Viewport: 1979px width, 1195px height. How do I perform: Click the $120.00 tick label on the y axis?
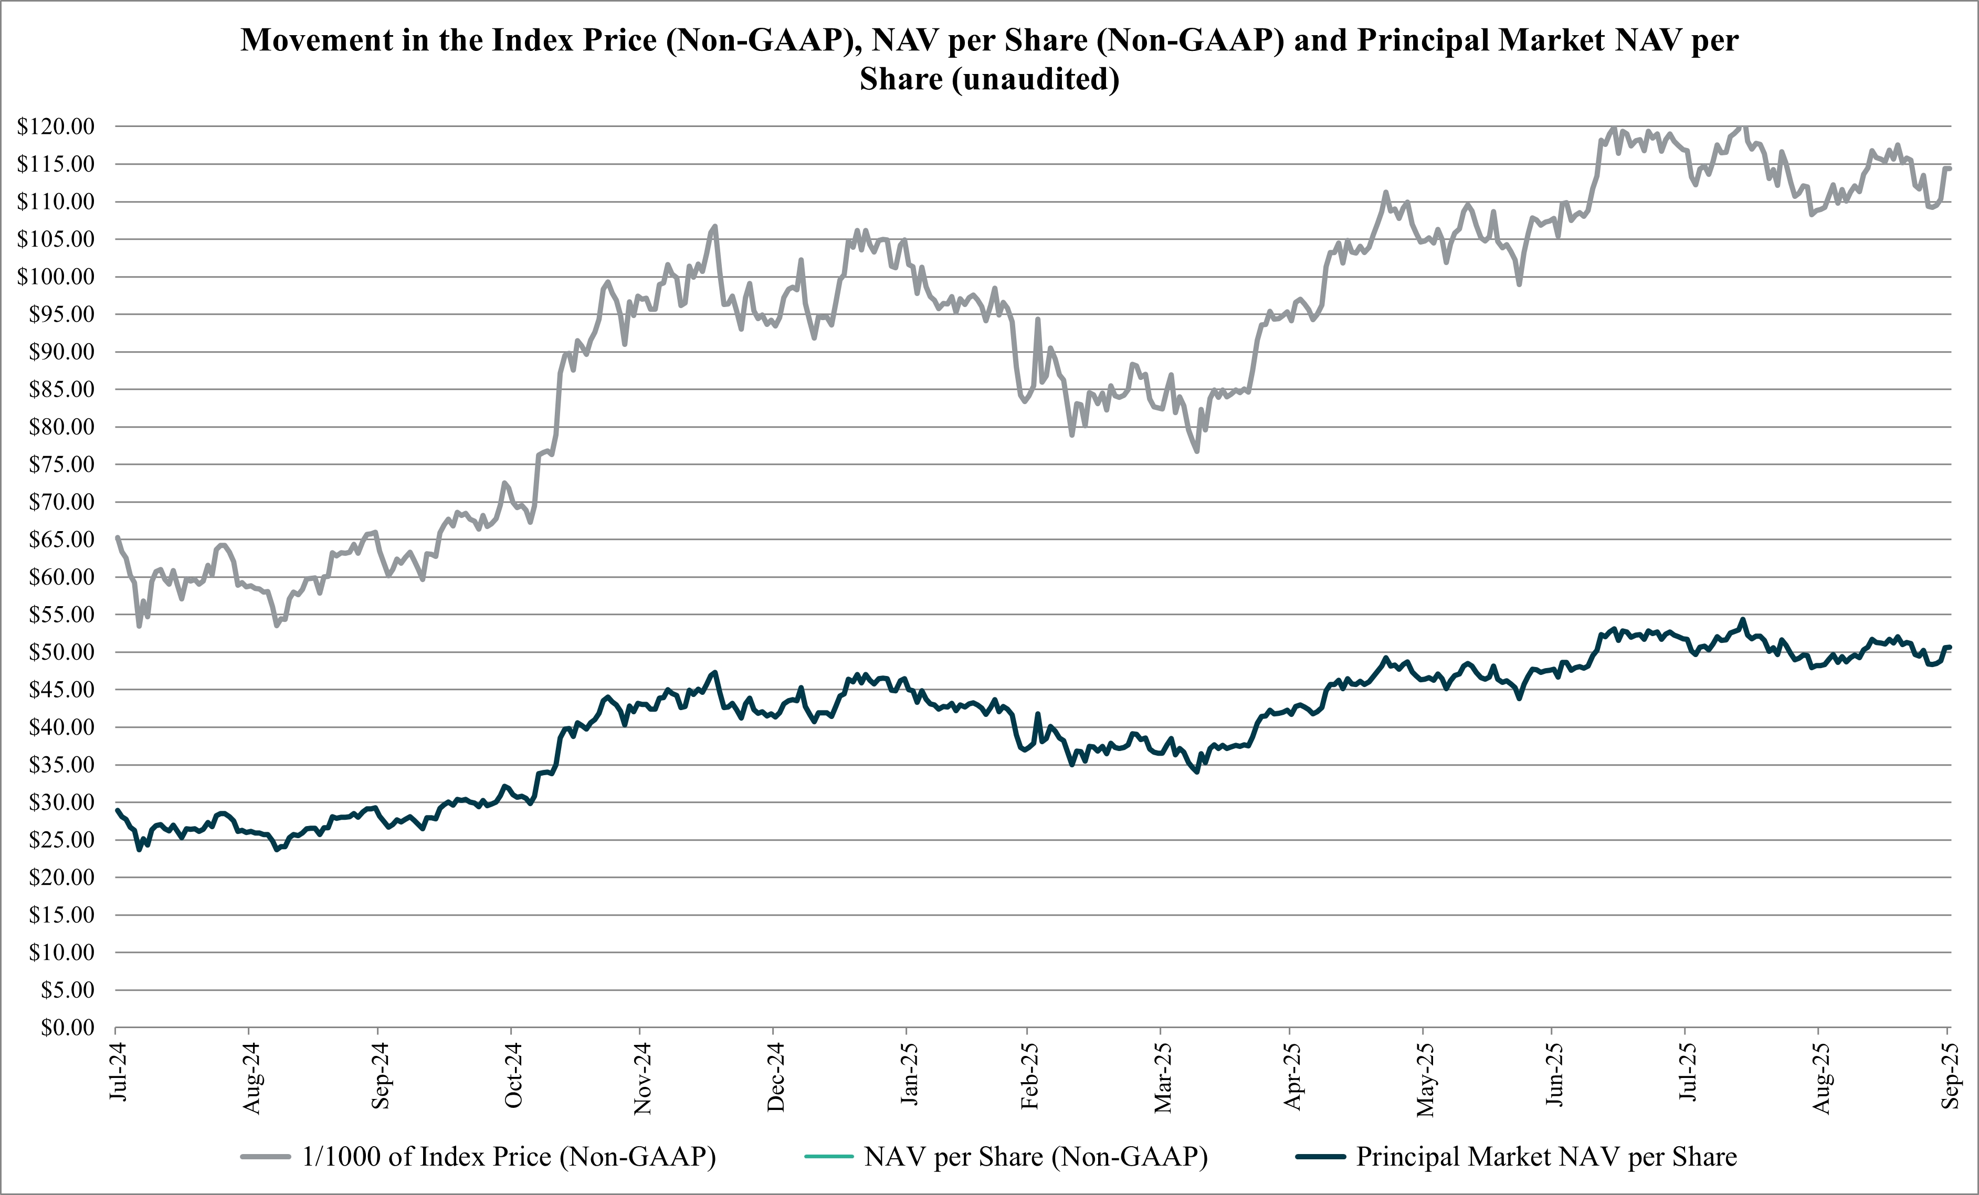pyautogui.click(x=56, y=126)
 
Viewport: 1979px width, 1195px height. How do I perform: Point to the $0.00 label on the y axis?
pyautogui.click(x=68, y=1027)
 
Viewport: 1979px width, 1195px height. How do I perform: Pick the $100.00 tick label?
pyautogui.click(x=56, y=276)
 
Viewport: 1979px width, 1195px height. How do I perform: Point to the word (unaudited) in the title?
pyautogui.click(x=1036, y=79)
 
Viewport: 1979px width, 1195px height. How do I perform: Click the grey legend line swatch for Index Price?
pyautogui.click(x=265, y=1157)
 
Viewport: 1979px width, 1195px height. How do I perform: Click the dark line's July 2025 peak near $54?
pyautogui.click(x=1742, y=619)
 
